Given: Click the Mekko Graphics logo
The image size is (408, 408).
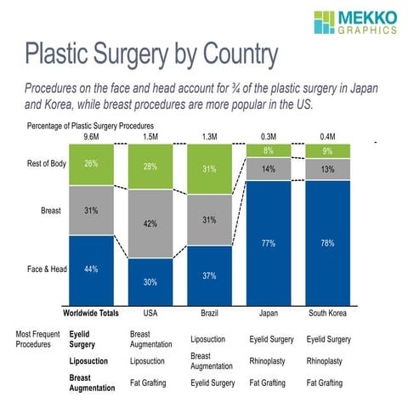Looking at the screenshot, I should coord(354,23).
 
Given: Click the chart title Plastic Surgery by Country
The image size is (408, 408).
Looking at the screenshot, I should coord(150,54).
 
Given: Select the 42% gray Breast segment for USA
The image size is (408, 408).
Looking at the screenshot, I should coord(150,224).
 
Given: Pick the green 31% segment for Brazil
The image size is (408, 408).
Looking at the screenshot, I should coord(209,168).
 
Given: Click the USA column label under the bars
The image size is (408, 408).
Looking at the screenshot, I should coord(150,313).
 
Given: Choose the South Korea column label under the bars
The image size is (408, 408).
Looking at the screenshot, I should coord(328,313).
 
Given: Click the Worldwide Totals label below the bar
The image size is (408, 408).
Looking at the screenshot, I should coord(91,313).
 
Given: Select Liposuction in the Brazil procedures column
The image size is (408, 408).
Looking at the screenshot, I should coord(210,339).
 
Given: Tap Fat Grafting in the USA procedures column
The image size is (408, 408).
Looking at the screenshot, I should coord(150,383).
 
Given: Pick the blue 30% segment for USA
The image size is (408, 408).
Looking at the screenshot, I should coord(150,281).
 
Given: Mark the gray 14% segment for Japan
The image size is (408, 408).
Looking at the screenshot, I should coord(269,169).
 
